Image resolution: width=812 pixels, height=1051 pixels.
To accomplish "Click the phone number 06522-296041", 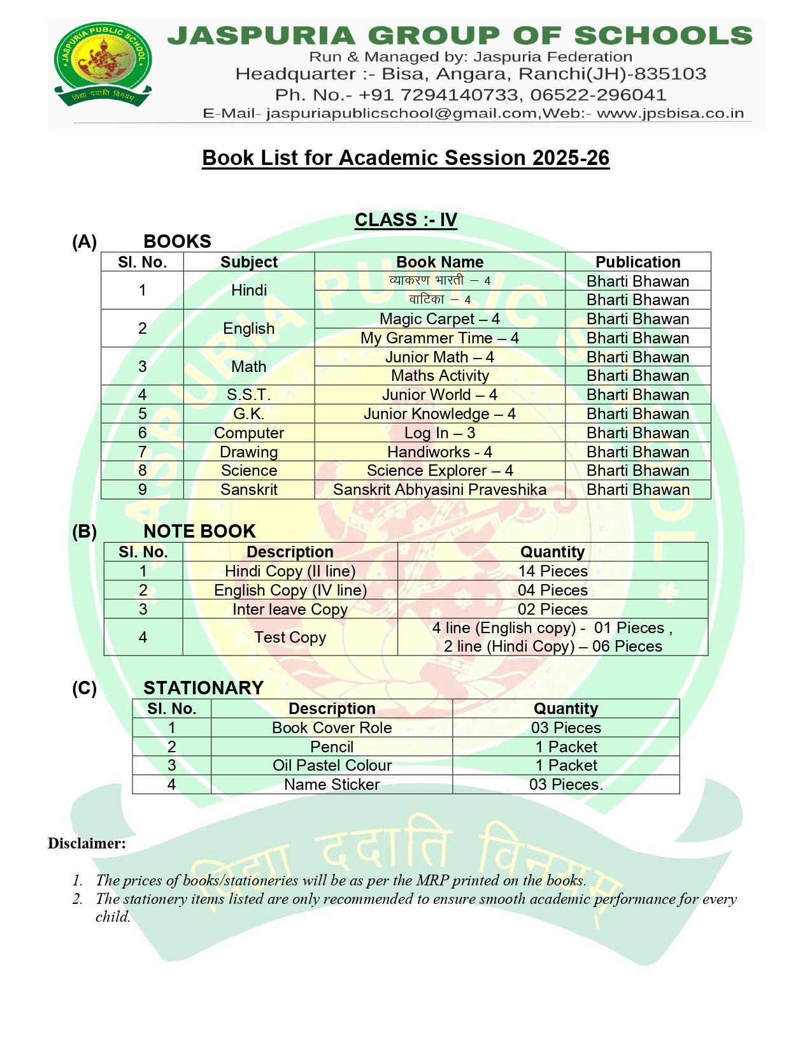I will click(598, 95).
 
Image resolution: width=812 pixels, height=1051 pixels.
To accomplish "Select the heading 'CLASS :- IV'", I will click(406, 220).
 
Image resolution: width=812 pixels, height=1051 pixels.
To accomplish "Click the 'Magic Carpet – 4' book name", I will click(439, 318).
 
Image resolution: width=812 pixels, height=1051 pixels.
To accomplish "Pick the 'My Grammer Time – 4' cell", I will click(439, 338).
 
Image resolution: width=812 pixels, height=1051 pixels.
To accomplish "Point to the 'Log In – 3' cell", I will click(439, 433).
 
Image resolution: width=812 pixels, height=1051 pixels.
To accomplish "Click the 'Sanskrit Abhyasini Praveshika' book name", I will click(439, 489).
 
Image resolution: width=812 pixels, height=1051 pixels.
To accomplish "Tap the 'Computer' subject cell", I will click(249, 433).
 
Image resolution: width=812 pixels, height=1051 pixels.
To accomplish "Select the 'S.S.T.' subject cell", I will click(249, 395).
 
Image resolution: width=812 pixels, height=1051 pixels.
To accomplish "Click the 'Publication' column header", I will click(637, 262).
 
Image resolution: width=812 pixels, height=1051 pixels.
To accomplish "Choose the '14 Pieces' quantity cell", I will click(552, 571).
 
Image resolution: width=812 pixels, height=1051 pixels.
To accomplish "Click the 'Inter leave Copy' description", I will click(290, 609).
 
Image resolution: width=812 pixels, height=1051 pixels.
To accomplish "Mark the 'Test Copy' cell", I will click(290, 637).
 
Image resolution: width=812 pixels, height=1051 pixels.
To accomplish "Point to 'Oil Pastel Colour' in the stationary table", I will click(332, 765).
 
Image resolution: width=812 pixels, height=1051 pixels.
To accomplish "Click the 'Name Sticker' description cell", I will click(332, 784).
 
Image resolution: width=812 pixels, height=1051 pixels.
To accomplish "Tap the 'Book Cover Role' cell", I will click(332, 727).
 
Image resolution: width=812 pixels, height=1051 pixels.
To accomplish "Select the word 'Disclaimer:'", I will click(87, 843).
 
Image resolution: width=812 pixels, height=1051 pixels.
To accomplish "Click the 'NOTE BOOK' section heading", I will click(199, 531).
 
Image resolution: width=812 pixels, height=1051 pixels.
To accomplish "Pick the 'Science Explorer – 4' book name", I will click(439, 470).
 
